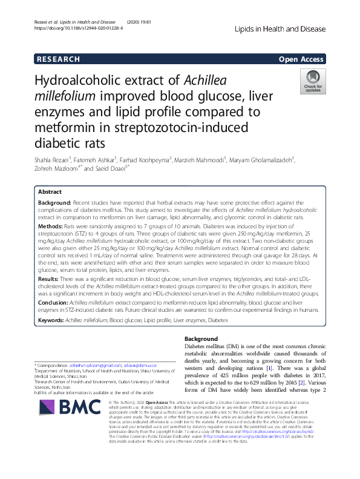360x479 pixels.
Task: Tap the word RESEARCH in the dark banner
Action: tap(58, 59)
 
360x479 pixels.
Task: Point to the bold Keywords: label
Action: tap(53, 319)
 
